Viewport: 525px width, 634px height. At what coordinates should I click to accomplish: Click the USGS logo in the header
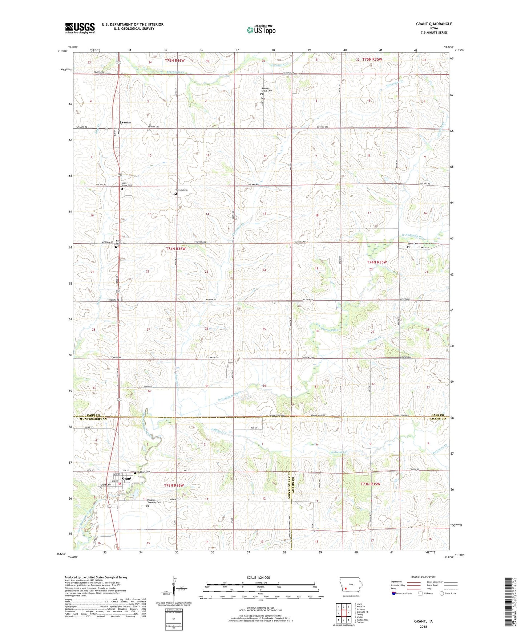pyautogui.click(x=80, y=28)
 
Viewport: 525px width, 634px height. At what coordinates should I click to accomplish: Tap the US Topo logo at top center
pyautogui.click(x=261, y=30)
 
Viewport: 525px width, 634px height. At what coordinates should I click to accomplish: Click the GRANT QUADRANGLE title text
pyautogui.click(x=434, y=24)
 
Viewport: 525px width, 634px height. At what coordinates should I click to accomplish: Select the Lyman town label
pyautogui.click(x=125, y=122)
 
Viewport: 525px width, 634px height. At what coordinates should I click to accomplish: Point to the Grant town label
pyautogui.click(x=126, y=479)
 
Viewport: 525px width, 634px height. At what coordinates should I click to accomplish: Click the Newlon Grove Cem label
pyautogui.click(x=267, y=89)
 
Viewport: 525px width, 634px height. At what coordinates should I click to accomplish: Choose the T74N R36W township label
pyautogui.click(x=175, y=249)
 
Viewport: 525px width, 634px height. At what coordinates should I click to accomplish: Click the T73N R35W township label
pyautogui.click(x=370, y=484)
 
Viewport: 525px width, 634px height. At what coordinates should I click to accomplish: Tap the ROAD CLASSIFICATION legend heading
pyautogui.click(x=424, y=577)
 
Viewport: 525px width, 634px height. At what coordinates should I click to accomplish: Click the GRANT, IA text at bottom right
pyautogui.click(x=423, y=621)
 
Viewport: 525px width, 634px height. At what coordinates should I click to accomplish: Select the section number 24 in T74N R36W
pyautogui.click(x=264, y=270)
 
